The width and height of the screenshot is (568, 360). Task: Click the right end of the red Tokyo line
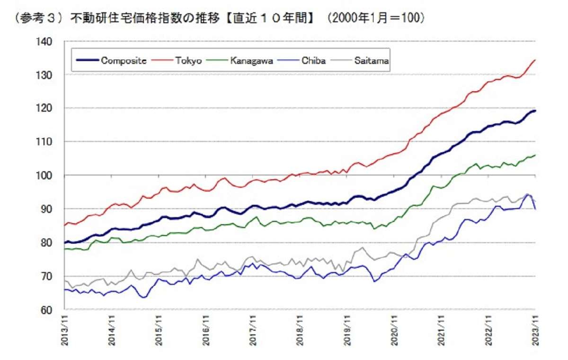tap(535, 60)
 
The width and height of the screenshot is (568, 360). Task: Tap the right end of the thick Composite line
tap(535, 111)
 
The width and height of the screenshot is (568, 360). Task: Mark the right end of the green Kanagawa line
tap(535, 155)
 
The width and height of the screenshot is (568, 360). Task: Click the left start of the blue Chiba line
tap(64, 290)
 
